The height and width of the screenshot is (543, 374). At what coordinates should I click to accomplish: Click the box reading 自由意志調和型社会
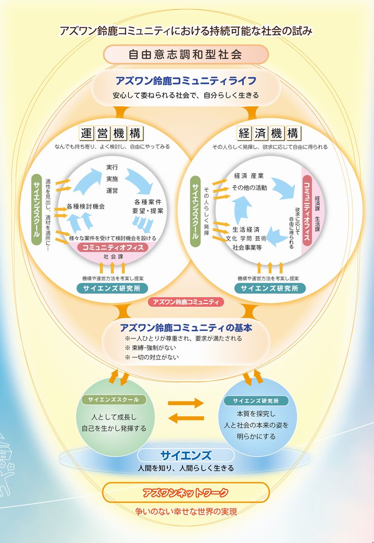[x=186, y=55]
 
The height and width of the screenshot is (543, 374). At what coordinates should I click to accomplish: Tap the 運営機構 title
[x=112, y=133]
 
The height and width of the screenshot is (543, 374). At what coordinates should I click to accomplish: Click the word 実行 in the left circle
[x=112, y=167]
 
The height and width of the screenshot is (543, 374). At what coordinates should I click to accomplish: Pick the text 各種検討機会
[x=85, y=206]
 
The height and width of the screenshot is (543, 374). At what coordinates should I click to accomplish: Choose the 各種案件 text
[x=148, y=201]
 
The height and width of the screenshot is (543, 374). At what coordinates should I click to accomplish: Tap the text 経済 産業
[x=249, y=176]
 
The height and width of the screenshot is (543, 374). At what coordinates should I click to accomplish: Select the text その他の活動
[x=249, y=187]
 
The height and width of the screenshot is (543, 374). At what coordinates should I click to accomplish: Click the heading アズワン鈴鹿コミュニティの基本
[x=186, y=328]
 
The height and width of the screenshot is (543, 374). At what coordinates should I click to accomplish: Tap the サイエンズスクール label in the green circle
[x=114, y=400]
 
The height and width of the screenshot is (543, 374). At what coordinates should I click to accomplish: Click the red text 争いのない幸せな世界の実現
[x=186, y=512]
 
